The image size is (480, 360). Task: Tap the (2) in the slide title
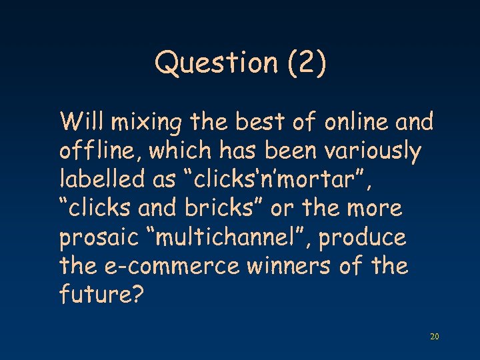(305, 64)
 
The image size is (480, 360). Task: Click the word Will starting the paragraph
(82, 123)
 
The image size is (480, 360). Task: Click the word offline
(99, 152)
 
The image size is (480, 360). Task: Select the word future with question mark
(101, 295)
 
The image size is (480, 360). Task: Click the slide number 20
(434, 337)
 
